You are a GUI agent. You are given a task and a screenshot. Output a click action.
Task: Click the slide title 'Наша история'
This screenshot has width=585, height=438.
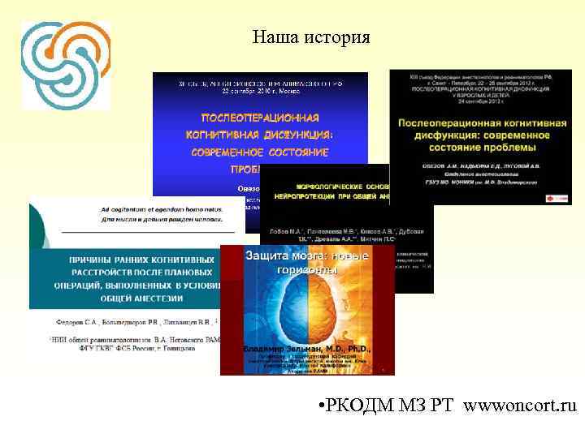(311, 37)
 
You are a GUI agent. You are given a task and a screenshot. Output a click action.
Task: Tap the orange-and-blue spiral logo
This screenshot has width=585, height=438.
(65, 65)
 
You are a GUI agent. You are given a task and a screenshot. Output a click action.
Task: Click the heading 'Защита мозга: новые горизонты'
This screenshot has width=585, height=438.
(307, 262)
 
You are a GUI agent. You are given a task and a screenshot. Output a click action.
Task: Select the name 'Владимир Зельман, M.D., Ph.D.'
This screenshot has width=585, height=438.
(307, 349)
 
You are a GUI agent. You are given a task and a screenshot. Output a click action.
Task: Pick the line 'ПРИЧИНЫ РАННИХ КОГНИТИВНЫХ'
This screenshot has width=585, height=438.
(141, 260)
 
